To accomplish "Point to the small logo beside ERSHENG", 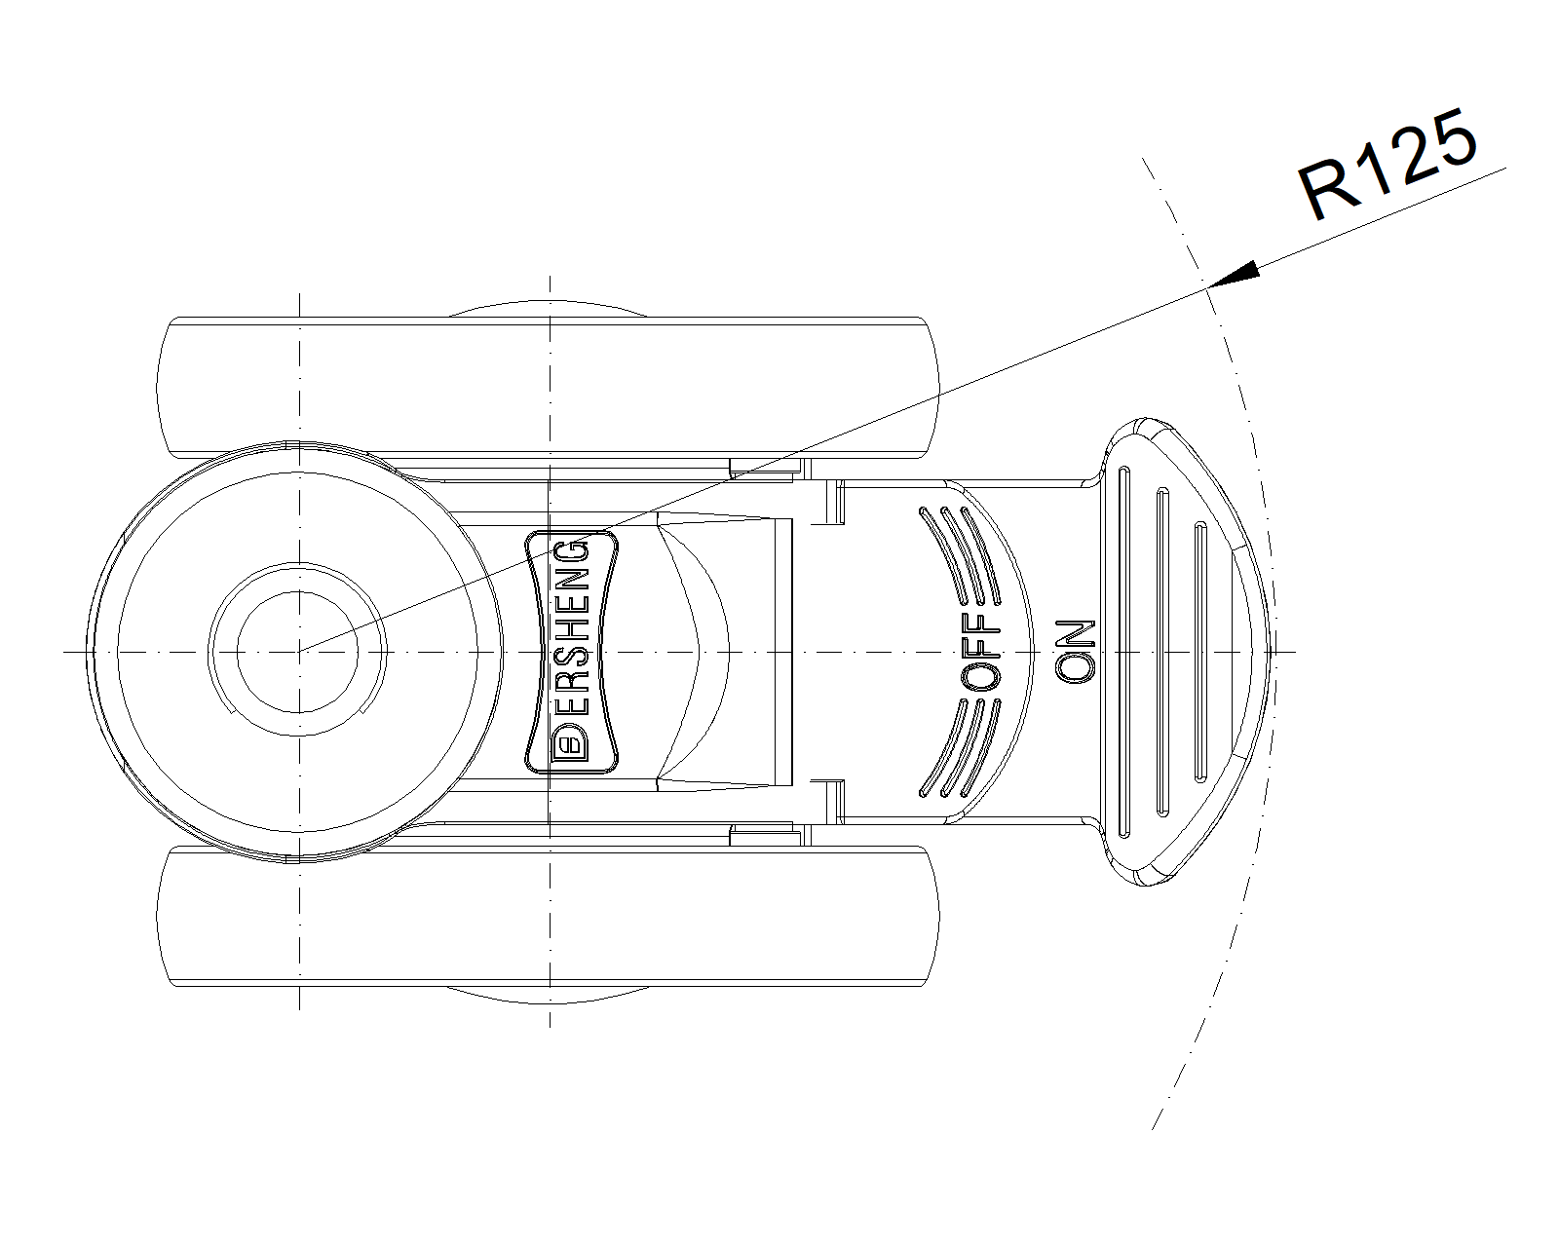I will tap(573, 746).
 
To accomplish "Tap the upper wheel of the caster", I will tap(547, 387).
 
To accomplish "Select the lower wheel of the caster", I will tap(547, 917).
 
